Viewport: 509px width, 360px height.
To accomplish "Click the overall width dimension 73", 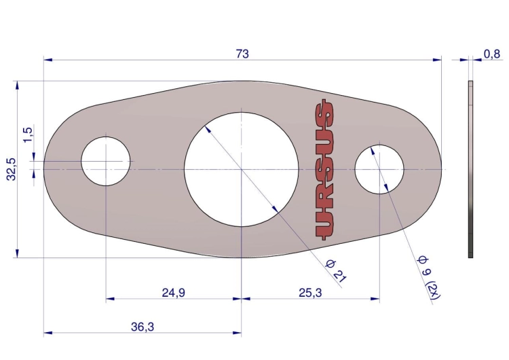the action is click(x=242, y=54).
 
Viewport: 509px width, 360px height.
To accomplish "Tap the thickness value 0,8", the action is click(x=492, y=54).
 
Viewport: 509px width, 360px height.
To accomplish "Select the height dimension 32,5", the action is click(x=12, y=169).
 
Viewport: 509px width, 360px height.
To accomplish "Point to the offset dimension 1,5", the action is click(x=28, y=134).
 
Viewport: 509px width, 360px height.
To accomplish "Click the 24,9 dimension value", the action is click(x=174, y=293).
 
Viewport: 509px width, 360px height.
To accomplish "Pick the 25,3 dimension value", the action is click(x=310, y=293).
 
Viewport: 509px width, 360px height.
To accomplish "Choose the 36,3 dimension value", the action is click(x=143, y=327).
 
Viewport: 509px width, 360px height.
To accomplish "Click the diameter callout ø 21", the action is click(x=336, y=271).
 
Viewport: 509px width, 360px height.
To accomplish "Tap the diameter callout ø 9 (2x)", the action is click(x=429, y=278).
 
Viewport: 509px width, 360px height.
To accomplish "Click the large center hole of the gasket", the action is click(x=241, y=169).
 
